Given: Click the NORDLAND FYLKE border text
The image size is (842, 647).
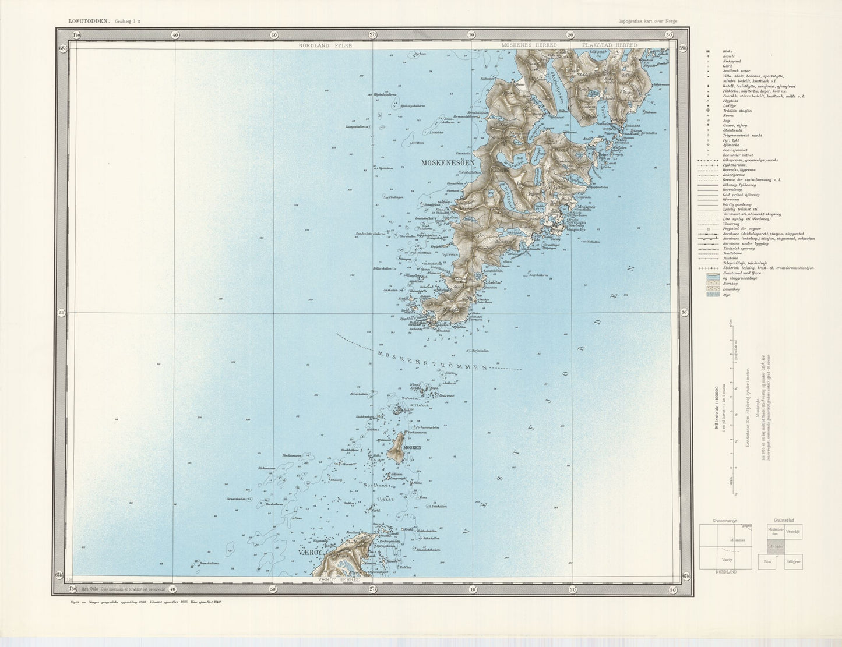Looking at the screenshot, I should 325,45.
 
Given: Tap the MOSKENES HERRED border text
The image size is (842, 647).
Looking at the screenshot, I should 530,45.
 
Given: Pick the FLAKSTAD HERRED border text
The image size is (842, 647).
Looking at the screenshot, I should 604,45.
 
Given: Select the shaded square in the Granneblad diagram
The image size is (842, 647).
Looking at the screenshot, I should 777,548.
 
